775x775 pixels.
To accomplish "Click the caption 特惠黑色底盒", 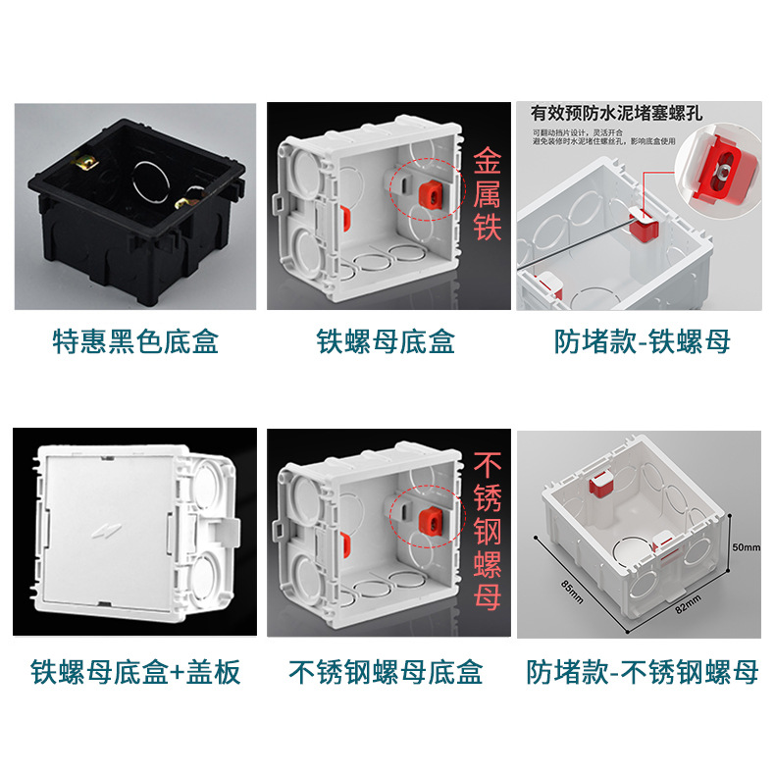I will click(134, 341).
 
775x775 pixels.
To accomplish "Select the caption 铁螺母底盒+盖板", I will click(135, 672).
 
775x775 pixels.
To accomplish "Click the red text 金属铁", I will click(487, 194).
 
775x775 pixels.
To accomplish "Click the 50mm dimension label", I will click(746, 546).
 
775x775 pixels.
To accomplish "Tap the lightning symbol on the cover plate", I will click(98, 531).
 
